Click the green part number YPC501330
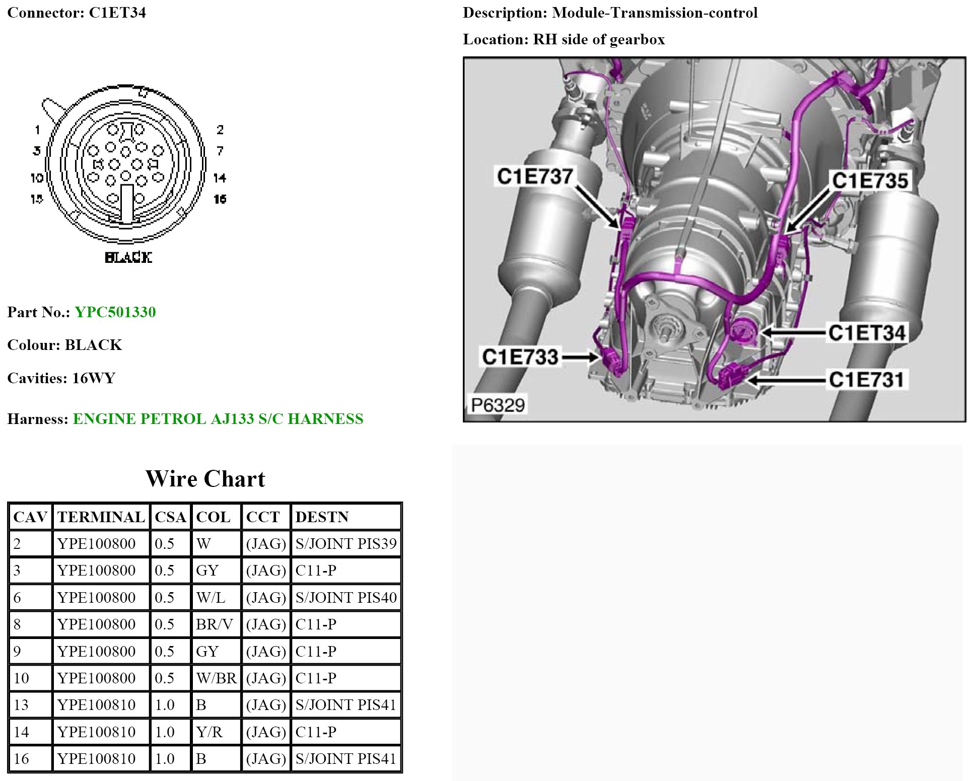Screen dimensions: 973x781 (115, 312)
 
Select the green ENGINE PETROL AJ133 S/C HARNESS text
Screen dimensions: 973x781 (218, 419)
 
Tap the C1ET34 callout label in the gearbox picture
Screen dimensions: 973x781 (867, 333)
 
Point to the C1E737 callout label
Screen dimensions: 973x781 (534, 176)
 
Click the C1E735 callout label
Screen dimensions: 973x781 (870, 181)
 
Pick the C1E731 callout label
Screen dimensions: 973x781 (866, 380)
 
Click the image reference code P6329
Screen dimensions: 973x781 (498, 404)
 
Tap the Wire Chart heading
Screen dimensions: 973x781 (205, 479)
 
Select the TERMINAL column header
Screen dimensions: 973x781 (101, 517)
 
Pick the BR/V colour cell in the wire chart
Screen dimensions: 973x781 (215, 624)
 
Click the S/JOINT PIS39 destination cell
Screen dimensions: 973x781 (346, 544)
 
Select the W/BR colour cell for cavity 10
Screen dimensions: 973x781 (217, 678)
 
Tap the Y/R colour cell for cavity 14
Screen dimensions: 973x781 (209, 732)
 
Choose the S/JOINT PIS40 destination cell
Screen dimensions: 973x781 (346, 598)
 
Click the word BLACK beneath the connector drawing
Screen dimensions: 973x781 (128, 257)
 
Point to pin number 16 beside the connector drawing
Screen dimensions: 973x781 (220, 199)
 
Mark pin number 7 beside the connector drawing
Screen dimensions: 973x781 (220, 151)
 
